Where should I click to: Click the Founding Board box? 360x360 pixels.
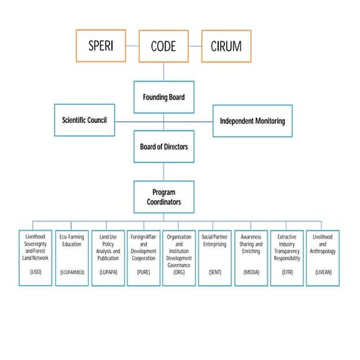[x=164, y=96]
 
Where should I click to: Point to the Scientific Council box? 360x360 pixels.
[x=84, y=119]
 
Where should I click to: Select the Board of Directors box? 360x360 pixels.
[x=164, y=146]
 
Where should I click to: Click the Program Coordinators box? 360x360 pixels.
[x=164, y=196]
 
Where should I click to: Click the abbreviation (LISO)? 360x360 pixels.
[x=36, y=271]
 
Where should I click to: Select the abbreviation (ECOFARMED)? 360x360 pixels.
[x=74, y=271]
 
